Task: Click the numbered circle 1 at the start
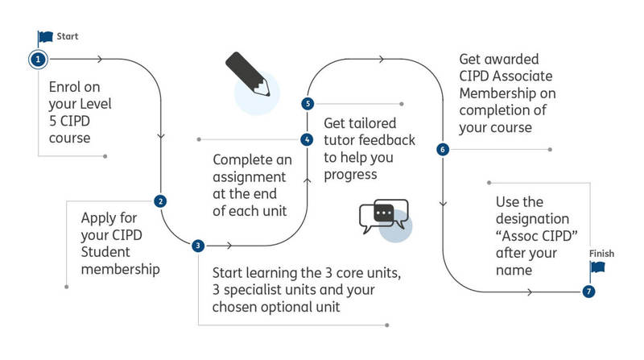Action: (x=37, y=59)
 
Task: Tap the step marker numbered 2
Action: (x=160, y=201)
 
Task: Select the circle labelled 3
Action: (x=197, y=245)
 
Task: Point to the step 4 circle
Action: (x=307, y=139)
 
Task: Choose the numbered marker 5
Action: (x=307, y=104)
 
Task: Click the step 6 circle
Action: (x=442, y=149)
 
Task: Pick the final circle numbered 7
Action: (x=588, y=291)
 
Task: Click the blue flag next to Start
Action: (x=44, y=37)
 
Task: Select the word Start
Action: (x=67, y=36)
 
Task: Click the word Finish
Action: (x=601, y=254)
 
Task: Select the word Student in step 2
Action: (x=107, y=250)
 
